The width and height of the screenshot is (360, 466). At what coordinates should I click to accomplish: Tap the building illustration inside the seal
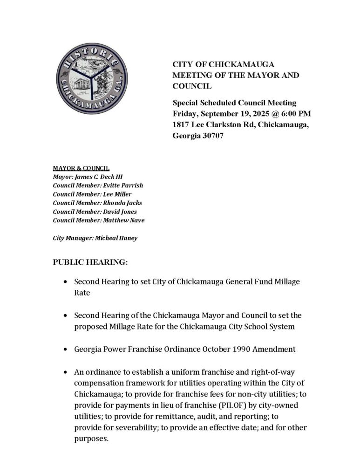point(77,87)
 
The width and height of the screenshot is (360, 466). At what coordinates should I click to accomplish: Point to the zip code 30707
point(211,137)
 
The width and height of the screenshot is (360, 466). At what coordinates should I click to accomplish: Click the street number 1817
point(182,125)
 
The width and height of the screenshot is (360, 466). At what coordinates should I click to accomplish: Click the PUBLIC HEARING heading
point(90,262)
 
